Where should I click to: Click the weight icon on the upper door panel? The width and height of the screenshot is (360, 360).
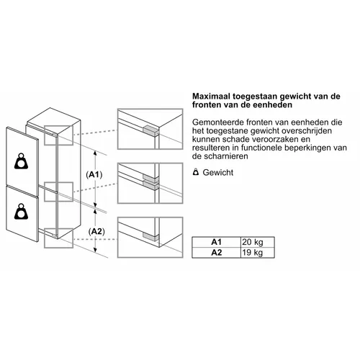(21, 161)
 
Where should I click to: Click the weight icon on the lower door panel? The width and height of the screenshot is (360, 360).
(21, 212)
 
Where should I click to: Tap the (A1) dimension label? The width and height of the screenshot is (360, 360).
(94, 175)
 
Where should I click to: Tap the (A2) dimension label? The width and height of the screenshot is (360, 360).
(96, 232)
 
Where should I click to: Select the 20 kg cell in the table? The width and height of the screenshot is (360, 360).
(258, 242)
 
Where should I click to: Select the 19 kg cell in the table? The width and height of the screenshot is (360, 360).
(258, 253)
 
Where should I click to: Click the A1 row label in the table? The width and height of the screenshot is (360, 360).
(216, 242)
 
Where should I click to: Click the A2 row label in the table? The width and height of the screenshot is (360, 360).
(216, 253)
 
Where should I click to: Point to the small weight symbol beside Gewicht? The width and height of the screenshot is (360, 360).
(196, 172)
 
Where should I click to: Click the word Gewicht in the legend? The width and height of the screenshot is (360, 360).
(218, 173)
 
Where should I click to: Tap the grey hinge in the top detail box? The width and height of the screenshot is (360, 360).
(150, 131)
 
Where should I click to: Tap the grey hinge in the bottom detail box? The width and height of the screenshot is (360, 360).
(150, 236)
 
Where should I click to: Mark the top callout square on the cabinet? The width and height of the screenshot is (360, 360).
(58, 135)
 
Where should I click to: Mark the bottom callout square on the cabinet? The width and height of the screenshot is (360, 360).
(58, 238)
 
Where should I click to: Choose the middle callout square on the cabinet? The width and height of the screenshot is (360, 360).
(58, 192)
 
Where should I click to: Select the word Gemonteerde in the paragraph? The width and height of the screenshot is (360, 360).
(217, 122)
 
